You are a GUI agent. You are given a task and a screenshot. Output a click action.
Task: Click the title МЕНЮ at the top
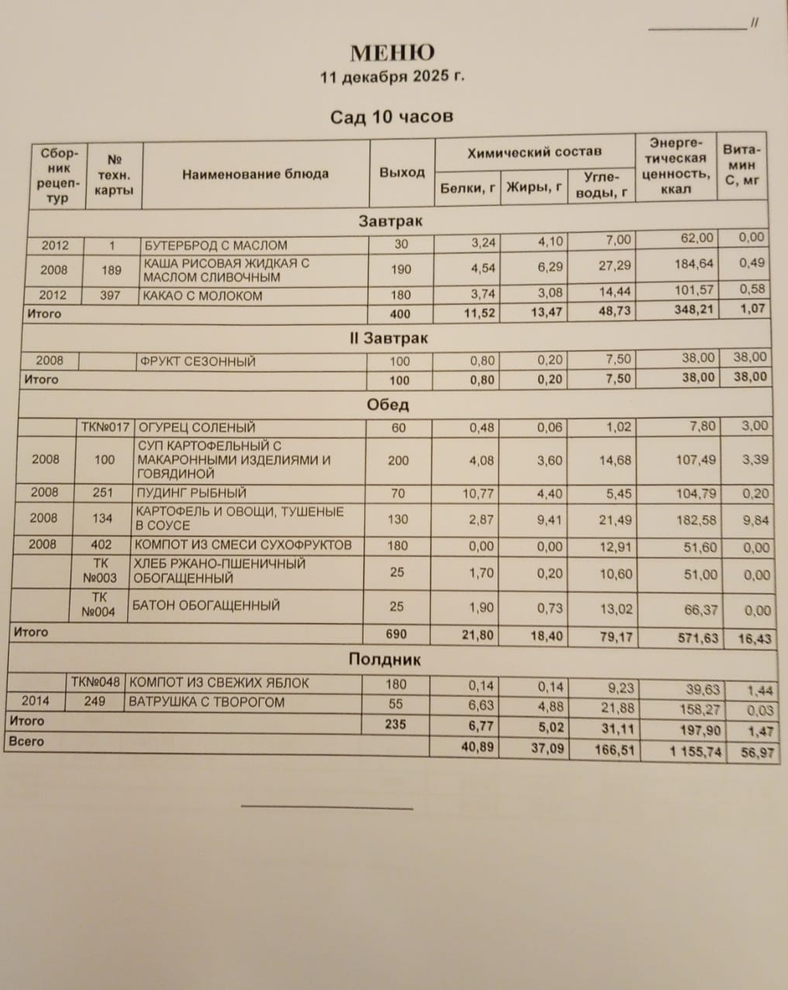click(x=393, y=53)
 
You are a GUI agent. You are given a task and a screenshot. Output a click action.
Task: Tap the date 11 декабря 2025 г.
click(x=393, y=77)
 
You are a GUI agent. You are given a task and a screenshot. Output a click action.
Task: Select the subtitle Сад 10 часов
click(x=391, y=117)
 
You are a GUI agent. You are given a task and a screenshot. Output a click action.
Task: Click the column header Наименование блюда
click(x=255, y=174)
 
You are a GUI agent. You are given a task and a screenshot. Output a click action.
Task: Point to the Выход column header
click(x=402, y=172)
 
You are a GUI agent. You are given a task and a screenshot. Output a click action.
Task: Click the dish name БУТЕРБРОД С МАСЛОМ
click(x=216, y=246)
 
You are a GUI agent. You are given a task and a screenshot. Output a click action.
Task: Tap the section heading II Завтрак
click(x=395, y=339)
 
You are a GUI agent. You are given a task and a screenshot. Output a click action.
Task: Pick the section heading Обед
click(x=388, y=405)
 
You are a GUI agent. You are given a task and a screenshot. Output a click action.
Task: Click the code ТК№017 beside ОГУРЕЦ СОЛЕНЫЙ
click(x=105, y=427)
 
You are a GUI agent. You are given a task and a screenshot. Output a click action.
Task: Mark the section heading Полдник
click(x=384, y=660)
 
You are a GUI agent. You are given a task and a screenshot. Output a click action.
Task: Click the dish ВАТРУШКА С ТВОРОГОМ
click(x=206, y=702)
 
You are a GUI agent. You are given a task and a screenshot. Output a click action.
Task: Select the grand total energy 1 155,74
click(x=685, y=751)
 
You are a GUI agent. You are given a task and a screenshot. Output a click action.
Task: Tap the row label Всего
click(x=26, y=742)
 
